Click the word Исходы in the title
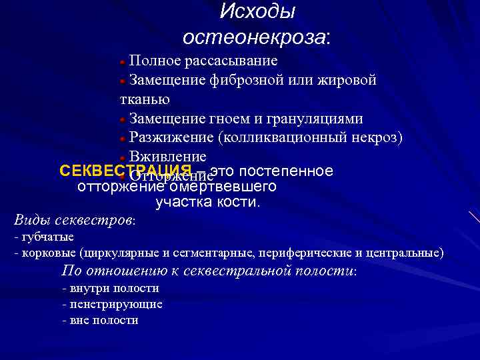[257, 12]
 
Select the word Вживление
[168, 157]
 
